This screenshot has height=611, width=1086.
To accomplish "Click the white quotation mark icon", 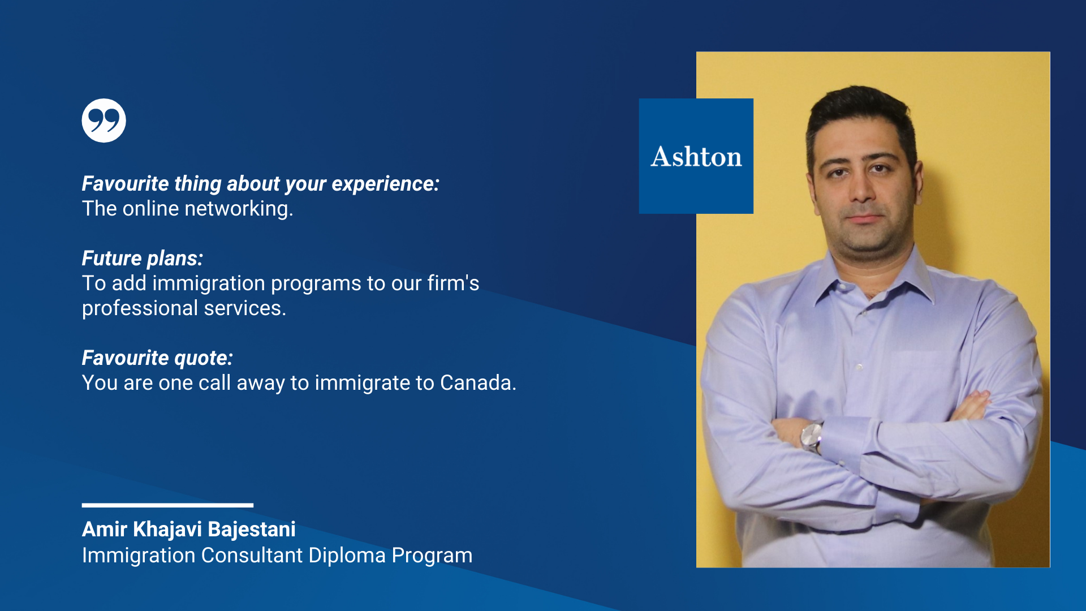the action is (104, 121).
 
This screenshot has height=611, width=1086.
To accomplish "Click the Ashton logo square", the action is (696, 156).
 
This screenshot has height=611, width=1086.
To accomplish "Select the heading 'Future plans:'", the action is (143, 259).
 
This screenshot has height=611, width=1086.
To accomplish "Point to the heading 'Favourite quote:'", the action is (157, 358).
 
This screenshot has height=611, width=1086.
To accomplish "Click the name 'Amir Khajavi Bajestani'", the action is (189, 530).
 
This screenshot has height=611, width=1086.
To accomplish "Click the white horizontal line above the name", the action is (167, 505).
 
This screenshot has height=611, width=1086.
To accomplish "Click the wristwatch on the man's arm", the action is (812, 437).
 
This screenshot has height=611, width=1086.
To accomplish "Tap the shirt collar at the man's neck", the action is (874, 277).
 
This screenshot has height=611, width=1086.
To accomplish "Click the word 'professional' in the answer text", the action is (140, 309).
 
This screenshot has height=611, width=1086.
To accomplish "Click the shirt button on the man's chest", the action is (859, 367).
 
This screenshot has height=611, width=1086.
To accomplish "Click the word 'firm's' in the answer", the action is (453, 283).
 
